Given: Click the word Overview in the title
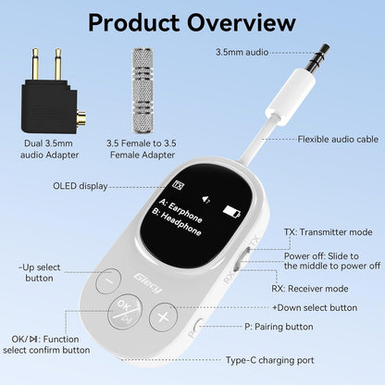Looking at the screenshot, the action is [x=242, y=22].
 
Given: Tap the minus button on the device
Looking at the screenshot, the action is [x=108, y=280].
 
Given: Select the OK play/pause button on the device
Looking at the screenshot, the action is [x=125, y=313].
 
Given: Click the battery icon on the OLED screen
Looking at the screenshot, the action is [x=232, y=212].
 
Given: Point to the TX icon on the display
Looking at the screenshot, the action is [x=178, y=185].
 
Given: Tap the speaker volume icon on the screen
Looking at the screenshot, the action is [x=205, y=199].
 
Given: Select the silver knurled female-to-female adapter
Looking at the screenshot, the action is [x=143, y=91].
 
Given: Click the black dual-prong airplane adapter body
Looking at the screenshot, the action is [x=49, y=106].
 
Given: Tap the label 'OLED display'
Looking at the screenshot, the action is [x=81, y=186].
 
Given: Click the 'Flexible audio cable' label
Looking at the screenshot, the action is [x=338, y=139].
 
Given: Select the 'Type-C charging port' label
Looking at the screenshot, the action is [x=269, y=360].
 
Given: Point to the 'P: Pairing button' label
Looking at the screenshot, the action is [x=279, y=327].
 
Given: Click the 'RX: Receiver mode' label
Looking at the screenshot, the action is [x=310, y=289].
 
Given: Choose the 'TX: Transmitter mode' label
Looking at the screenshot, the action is [x=328, y=232].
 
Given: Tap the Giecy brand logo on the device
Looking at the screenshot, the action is [x=148, y=283].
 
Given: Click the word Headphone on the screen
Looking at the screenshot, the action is [x=180, y=224].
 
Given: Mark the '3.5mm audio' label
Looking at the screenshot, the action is [x=242, y=52].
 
